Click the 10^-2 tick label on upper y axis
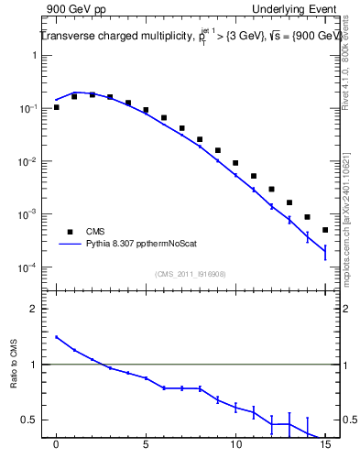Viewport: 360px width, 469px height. click(x=29, y=161)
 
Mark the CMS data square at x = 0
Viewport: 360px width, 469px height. click(x=56, y=107)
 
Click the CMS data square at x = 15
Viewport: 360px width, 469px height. click(x=325, y=230)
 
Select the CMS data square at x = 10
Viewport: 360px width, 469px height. click(x=235, y=163)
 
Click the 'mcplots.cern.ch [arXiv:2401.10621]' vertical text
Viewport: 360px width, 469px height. click(x=345, y=202)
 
